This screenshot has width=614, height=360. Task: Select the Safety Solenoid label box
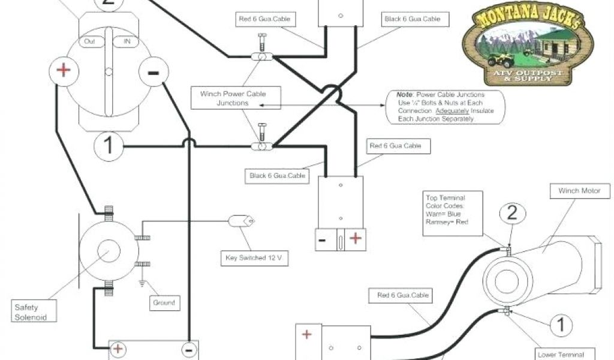[31, 312]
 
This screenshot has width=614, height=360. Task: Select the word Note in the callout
[404, 95]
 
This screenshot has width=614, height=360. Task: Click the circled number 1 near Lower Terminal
[561, 326]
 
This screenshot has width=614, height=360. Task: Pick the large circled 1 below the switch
[109, 146]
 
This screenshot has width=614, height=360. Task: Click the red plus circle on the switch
[63, 71]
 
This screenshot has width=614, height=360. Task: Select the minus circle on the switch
[153, 72]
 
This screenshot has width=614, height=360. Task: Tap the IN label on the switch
[127, 41]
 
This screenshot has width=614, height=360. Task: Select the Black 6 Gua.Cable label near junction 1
[278, 176]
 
